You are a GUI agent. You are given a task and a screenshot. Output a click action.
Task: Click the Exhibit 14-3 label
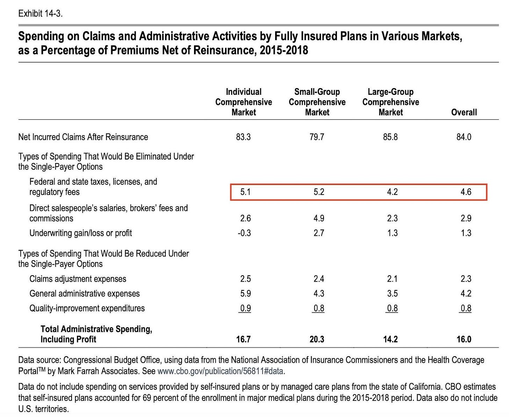click(x=40, y=14)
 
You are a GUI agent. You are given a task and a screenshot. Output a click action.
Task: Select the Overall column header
click(x=464, y=112)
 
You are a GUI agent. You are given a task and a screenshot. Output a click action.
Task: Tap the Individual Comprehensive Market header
click(x=244, y=102)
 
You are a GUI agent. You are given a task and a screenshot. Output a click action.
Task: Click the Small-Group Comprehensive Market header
click(x=317, y=102)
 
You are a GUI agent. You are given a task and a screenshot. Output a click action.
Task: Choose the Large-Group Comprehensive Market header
click(x=390, y=102)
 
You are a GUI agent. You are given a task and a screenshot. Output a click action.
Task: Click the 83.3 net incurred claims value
click(x=243, y=137)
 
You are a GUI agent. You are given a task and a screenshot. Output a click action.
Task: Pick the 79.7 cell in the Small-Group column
click(x=317, y=137)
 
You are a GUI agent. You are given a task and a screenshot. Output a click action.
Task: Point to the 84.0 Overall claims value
click(x=464, y=137)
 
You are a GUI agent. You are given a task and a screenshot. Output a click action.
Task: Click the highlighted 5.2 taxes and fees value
click(x=319, y=192)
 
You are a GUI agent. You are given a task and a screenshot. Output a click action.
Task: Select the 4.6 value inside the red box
click(x=466, y=192)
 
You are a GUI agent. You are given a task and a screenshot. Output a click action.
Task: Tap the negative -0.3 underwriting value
click(x=244, y=233)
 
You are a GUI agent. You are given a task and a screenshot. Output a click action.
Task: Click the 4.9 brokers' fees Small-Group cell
click(x=319, y=218)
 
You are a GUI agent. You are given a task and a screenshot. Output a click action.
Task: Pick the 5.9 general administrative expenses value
click(x=245, y=294)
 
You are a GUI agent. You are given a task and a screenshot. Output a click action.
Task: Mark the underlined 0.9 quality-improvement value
click(x=245, y=308)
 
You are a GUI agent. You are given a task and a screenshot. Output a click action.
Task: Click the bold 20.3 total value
click(x=317, y=339)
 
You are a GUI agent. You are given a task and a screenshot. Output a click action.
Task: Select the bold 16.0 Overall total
click(x=464, y=339)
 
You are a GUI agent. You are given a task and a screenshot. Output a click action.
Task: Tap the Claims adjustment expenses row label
click(x=78, y=279)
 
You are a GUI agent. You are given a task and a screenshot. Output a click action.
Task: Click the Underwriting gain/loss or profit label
click(x=81, y=233)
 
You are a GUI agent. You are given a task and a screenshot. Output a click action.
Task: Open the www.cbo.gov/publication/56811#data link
click(x=220, y=371)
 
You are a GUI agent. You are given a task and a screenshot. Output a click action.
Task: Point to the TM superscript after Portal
click(x=42, y=369)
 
